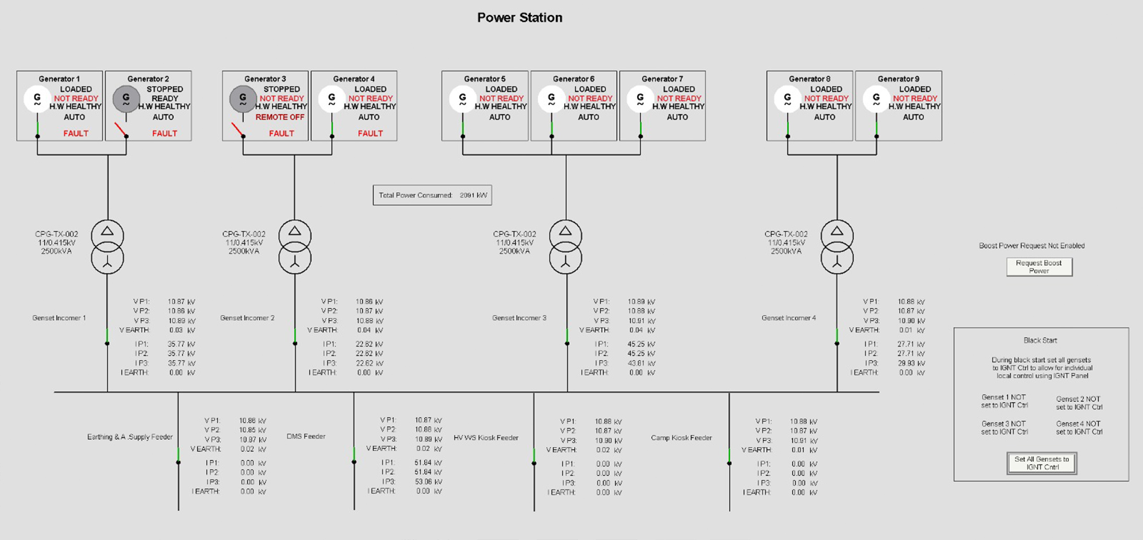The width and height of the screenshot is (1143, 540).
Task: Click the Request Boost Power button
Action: [x=1039, y=267]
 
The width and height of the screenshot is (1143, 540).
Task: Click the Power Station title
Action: [x=519, y=18]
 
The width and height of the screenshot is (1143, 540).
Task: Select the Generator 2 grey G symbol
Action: [x=126, y=99]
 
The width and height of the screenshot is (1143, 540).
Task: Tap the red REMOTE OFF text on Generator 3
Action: [x=280, y=117]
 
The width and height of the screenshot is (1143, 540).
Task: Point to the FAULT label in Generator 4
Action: [x=370, y=133]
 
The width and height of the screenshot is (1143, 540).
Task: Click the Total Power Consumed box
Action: [x=432, y=195]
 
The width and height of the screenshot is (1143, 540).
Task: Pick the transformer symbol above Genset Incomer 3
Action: [x=565, y=247]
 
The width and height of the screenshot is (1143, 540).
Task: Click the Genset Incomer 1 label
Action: [x=59, y=318]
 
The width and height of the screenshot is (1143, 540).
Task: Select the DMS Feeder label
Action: [x=306, y=436]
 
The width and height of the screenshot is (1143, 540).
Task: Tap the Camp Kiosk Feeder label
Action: [x=681, y=438]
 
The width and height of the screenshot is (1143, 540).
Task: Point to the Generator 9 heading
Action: [x=898, y=79]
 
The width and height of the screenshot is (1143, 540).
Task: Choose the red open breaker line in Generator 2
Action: [x=120, y=129]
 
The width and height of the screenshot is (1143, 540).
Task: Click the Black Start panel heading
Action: [x=1040, y=340]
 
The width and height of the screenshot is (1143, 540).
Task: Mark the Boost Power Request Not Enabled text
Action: [x=1031, y=246]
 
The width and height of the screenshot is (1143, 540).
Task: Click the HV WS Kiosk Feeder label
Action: [x=486, y=438]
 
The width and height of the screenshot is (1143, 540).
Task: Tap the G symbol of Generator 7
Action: [x=640, y=99]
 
